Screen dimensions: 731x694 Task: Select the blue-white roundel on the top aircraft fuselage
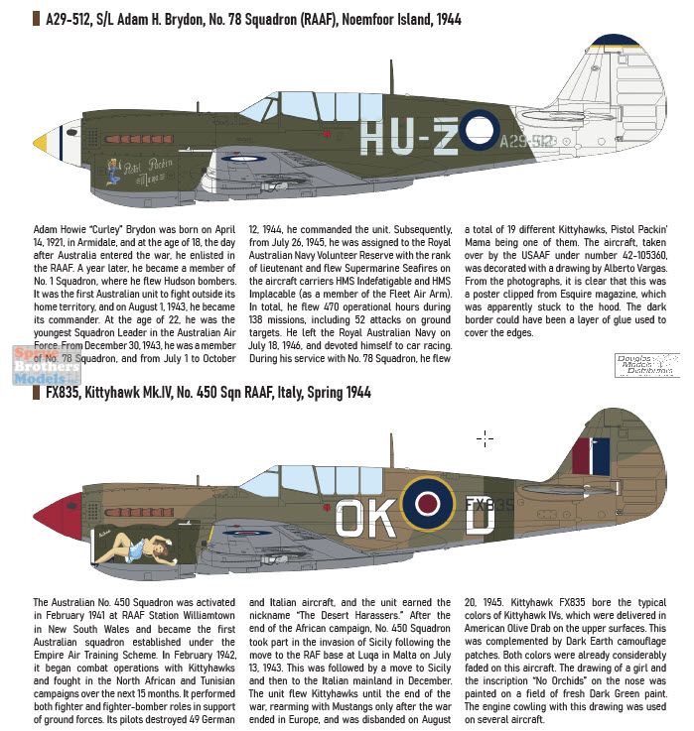click(x=481, y=128)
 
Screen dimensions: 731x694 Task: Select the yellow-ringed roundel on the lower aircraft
click(x=430, y=503)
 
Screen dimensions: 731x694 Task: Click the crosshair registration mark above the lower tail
click(x=486, y=437)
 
